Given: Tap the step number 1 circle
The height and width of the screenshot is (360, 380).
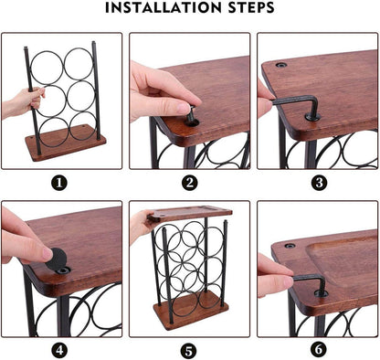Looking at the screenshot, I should [x=61, y=181].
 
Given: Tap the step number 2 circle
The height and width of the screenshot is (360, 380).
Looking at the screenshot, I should [x=189, y=181].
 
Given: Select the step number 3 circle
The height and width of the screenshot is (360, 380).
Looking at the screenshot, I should [x=317, y=181].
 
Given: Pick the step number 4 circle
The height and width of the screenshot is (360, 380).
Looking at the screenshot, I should [x=61, y=349].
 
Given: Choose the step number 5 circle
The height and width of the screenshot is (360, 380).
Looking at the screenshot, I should [x=189, y=349].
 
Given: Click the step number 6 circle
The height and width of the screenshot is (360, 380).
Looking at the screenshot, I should [x=317, y=349].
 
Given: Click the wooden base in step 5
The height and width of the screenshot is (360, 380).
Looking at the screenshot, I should [x=189, y=312].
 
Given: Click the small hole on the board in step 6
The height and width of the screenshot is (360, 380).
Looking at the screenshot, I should [x=290, y=246].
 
